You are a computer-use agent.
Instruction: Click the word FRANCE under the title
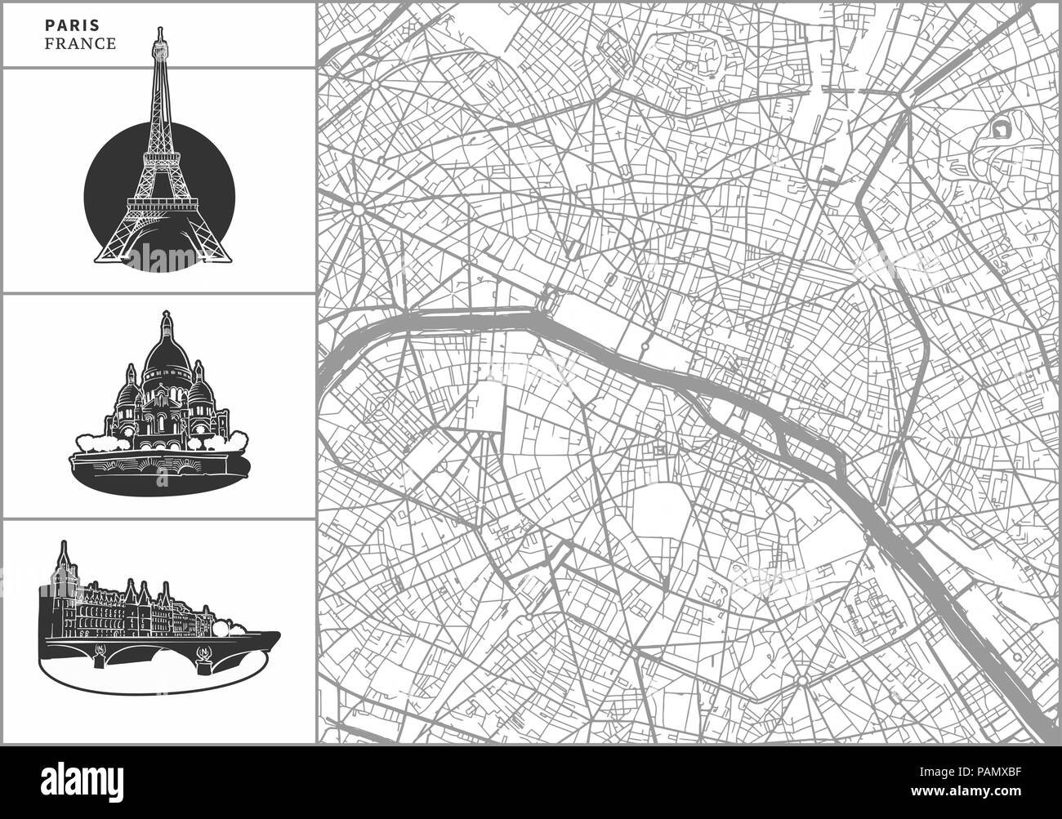(x=80, y=44)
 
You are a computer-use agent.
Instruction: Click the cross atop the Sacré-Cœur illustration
(x=167, y=314)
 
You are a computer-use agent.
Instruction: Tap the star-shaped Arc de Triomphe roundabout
(x=358, y=209)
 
